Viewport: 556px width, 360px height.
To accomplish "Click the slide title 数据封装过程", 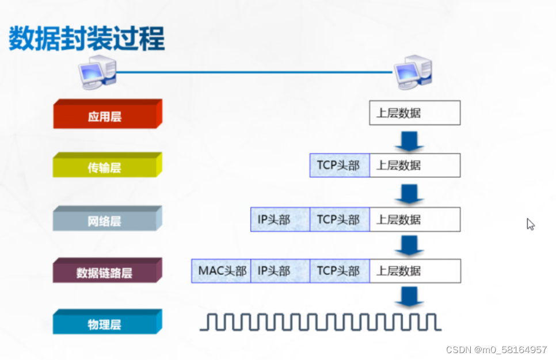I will point(86,39).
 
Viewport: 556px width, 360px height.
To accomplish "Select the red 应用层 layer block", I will point(107,116).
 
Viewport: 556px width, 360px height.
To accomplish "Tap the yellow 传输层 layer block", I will point(107,167).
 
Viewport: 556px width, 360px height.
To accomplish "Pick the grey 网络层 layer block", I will point(107,220).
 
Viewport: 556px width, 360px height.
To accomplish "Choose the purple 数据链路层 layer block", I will point(107,272).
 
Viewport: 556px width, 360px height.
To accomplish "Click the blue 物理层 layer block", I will point(107,324).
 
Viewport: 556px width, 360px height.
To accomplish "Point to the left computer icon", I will point(98,72).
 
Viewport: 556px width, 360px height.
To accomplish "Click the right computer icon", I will point(412,72).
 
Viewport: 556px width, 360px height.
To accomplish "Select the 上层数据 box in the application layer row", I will point(414,113).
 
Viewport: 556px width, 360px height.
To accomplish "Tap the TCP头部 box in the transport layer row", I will point(339,165).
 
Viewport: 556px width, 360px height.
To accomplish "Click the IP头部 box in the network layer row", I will point(280,219).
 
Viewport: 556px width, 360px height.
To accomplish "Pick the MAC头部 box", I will point(220,271).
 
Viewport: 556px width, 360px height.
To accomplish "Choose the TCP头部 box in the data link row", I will point(339,271).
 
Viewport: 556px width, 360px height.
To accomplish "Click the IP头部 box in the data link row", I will point(280,271).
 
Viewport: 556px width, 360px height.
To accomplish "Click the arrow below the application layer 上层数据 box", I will point(410,140).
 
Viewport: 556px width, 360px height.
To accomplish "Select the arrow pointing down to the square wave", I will point(410,296).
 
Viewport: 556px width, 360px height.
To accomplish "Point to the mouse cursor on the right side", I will point(530,224).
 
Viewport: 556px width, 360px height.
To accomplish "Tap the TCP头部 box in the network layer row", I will point(339,219).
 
